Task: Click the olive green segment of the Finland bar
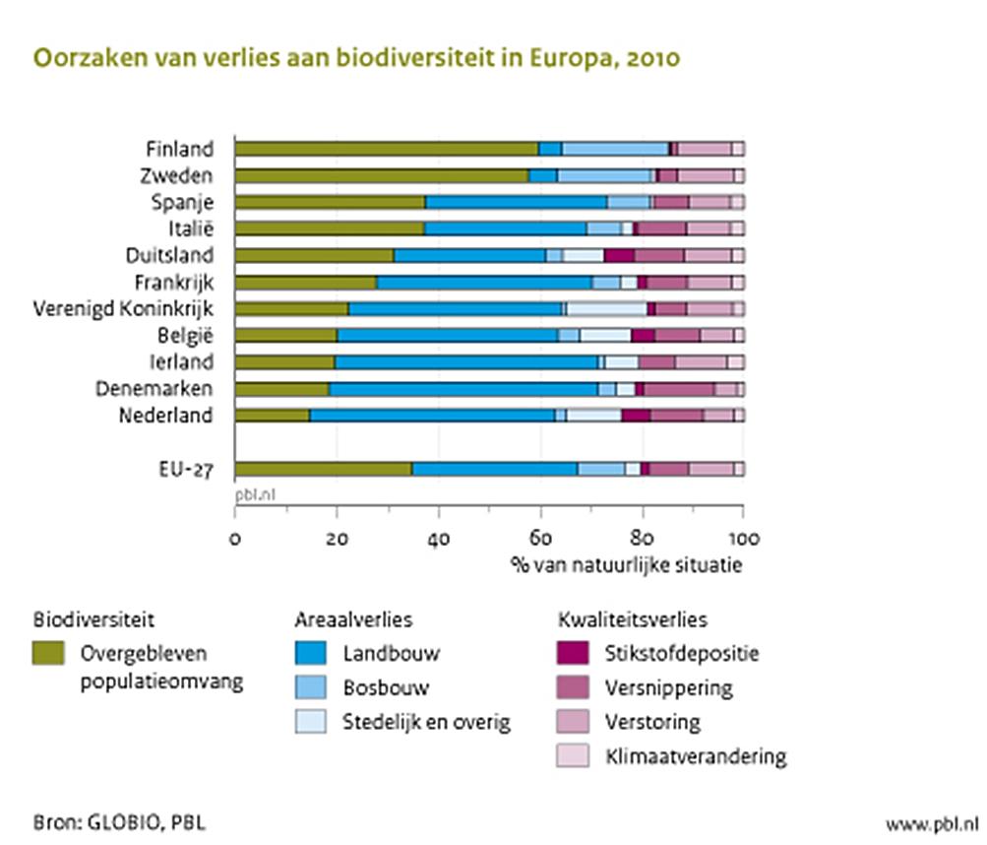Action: pos(386,149)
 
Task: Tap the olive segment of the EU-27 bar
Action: pos(323,469)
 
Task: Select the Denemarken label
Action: pos(153,388)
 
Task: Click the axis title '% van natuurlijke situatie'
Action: pos(625,566)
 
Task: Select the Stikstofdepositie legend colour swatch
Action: pos(574,653)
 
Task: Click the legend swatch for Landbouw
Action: pos(311,653)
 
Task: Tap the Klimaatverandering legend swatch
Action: pos(574,756)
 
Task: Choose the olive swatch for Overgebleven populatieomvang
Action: pos(49,653)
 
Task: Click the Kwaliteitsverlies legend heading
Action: pos(633,619)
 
